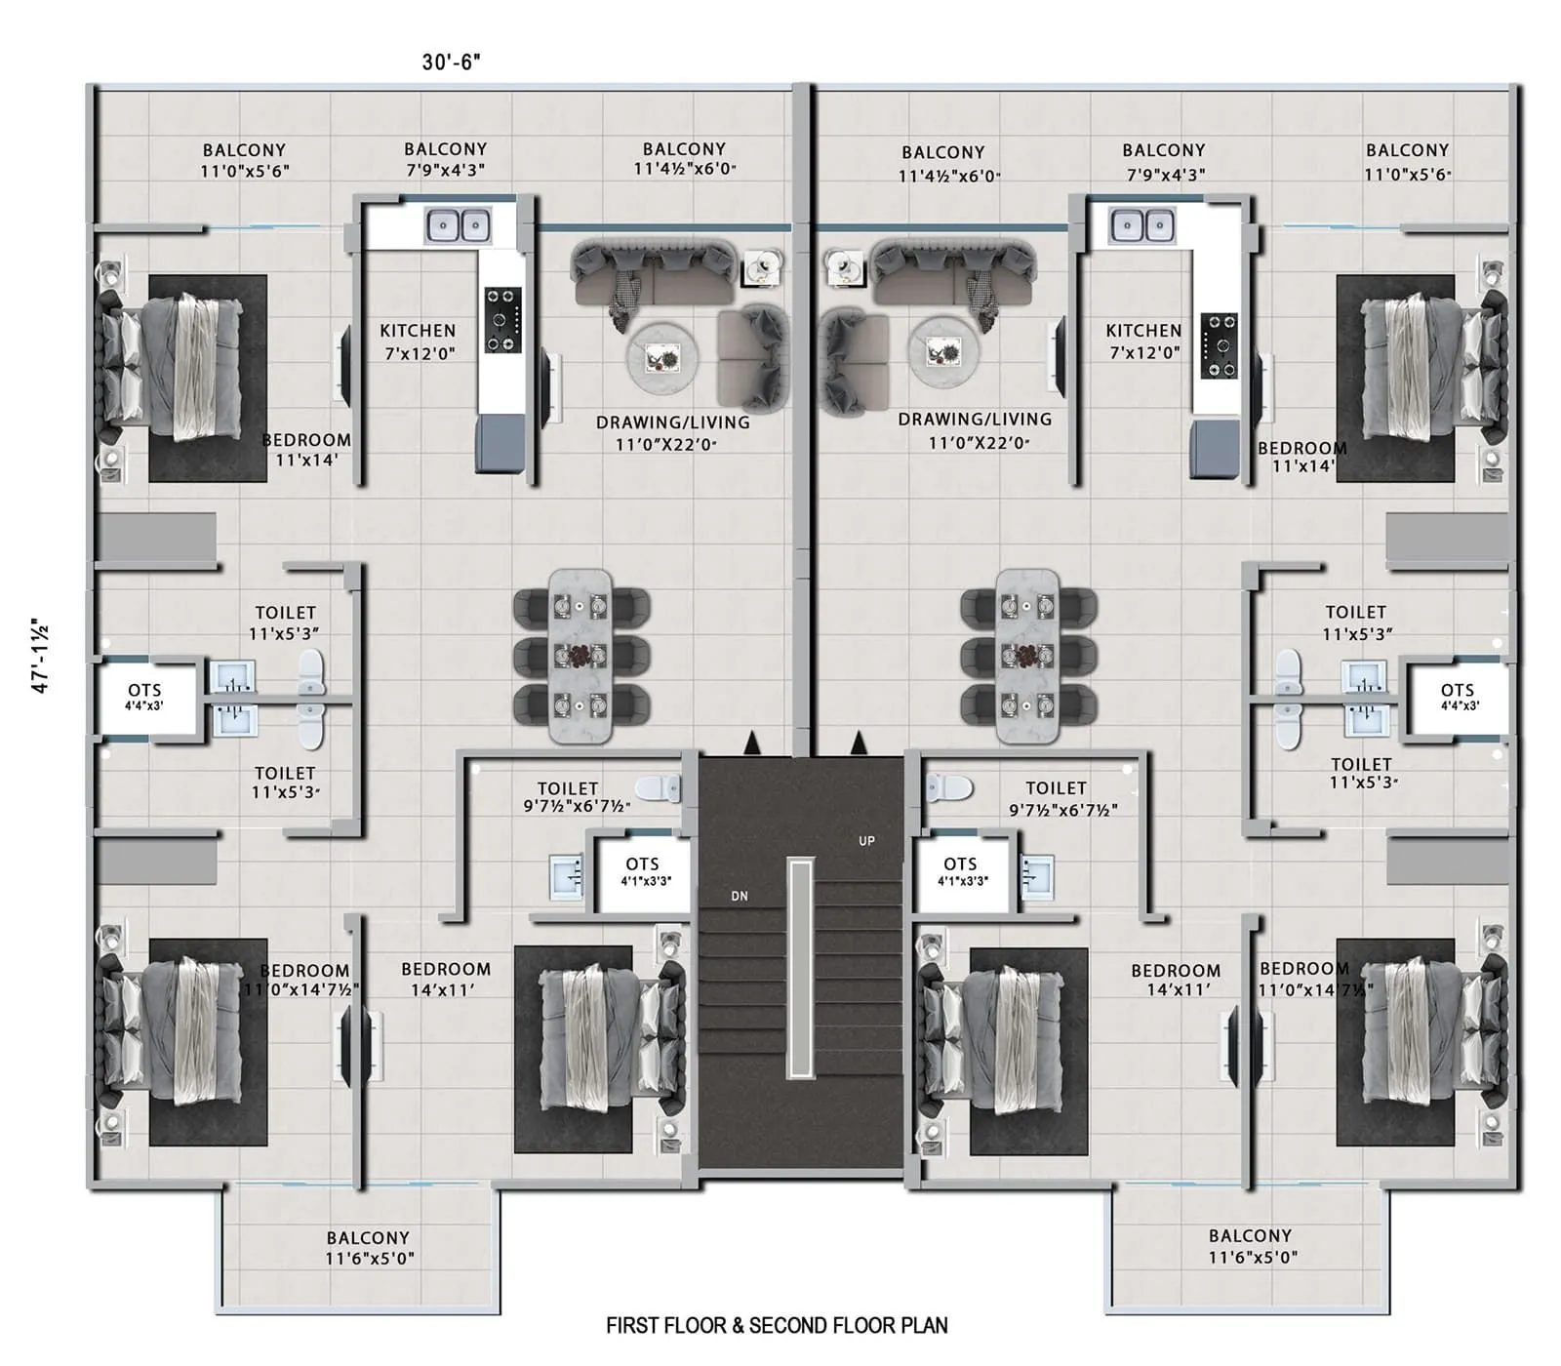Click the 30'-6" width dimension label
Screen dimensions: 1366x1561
(451, 61)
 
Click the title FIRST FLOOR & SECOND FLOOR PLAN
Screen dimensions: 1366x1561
(777, 1325)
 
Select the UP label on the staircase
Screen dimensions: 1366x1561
(866, 841)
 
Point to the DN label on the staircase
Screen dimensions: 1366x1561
(740, 896)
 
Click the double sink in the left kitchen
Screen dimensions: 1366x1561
(458, 225)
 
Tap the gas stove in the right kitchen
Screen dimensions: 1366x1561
(1220, 345)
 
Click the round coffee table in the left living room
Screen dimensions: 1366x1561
(662, 357)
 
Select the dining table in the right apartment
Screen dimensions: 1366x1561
(1027, 656)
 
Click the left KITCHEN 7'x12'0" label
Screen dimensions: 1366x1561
(418, 341)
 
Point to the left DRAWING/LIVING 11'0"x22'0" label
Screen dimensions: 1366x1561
(672, 433)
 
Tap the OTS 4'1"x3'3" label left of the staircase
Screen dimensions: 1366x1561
(643, 870)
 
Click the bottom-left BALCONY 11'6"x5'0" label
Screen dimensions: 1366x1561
(369, 1247)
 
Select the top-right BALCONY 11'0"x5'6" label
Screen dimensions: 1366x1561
(1407, 161)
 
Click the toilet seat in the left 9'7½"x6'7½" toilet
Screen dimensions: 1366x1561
(658, 787)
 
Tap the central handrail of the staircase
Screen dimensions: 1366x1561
(801, 968)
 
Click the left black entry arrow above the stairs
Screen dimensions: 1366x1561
(751, 743)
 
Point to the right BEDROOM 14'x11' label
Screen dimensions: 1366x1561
(1176, 979)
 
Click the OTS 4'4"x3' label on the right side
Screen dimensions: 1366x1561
(1458, 696)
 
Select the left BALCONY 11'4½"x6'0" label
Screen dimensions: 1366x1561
(684, 158)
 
